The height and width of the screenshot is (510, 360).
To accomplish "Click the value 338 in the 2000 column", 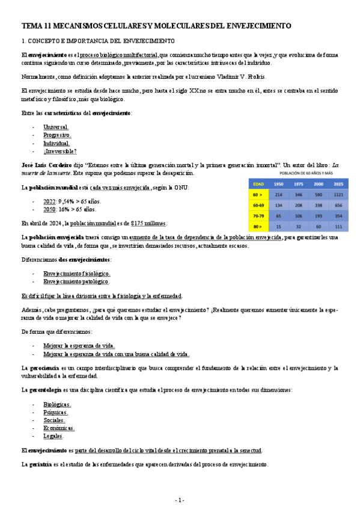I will pyautogui.click(x=319, y=204).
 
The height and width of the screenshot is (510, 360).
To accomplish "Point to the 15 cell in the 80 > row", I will pyautogui.click(x=278, y=227).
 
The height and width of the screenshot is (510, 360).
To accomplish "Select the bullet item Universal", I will pyautogui.click(x=56, y=127).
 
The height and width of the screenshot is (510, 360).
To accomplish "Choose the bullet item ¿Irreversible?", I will pyautogui.click(x=59, y=151).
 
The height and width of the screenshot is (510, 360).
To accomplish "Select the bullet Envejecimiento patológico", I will pyautogui.click(x=76, y=281).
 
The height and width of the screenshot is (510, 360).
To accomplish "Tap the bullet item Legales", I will pyautogui.click(x=53, y=436).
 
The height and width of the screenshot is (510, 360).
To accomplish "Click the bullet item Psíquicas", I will pyautogui.click(x=55, y=413).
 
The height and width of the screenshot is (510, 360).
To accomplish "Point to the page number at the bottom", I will pyautogui.click(x=180, y=500).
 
